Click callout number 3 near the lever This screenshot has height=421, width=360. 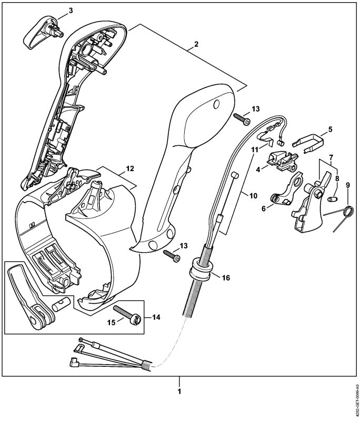coord(71,11)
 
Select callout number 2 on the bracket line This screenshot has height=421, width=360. coord(196,44)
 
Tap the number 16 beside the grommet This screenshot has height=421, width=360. coord(226,278)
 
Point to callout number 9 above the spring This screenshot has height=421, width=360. coord(348,185)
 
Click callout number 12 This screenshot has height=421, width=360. coord(130,168)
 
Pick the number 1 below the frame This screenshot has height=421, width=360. coord(179,392)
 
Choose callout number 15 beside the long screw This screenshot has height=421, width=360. coord(112,322)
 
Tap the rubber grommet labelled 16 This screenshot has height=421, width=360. coord(201,269)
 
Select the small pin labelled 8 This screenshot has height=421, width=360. coord(333,199)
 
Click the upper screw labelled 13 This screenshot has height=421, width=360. coord(242,119)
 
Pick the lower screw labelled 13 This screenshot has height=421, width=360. coord(172,256)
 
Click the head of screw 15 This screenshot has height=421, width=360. coord(135,319)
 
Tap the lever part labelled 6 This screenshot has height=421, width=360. coord(288,190)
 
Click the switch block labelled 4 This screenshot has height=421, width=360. coord(282,162)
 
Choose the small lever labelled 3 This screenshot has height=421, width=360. coord(43,32)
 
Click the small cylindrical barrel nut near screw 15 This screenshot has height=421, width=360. coord(61,304)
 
